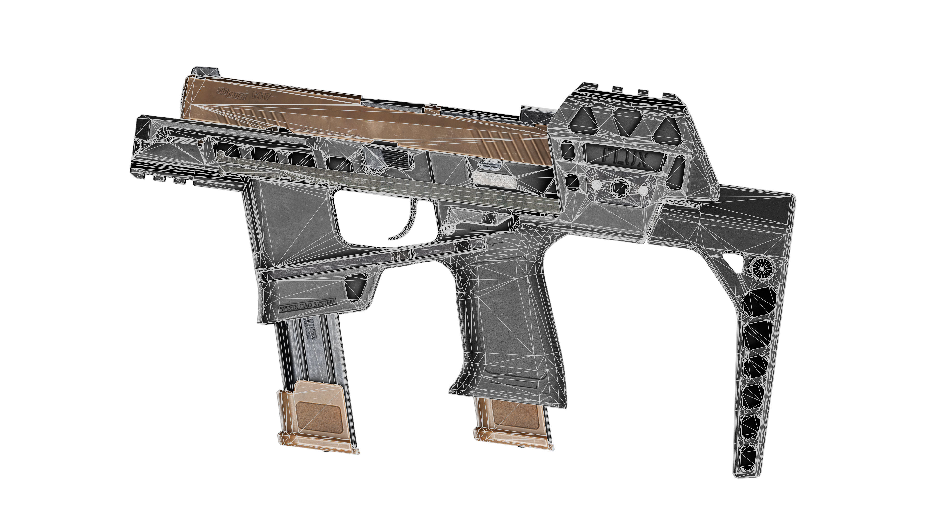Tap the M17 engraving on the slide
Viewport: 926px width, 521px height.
(x=262, y=96)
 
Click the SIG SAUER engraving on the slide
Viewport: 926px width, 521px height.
(x=232, y=93)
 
